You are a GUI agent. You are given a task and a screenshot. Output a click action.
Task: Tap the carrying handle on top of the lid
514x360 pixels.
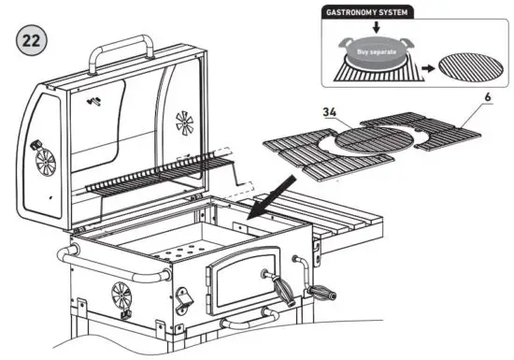coord(122,47)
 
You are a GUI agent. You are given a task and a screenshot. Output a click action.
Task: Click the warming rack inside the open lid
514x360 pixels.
coord(159,175)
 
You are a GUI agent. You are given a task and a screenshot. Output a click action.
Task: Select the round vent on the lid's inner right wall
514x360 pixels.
coord(184,122)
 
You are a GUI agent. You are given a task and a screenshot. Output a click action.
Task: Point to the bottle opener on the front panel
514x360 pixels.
coord(183,301)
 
